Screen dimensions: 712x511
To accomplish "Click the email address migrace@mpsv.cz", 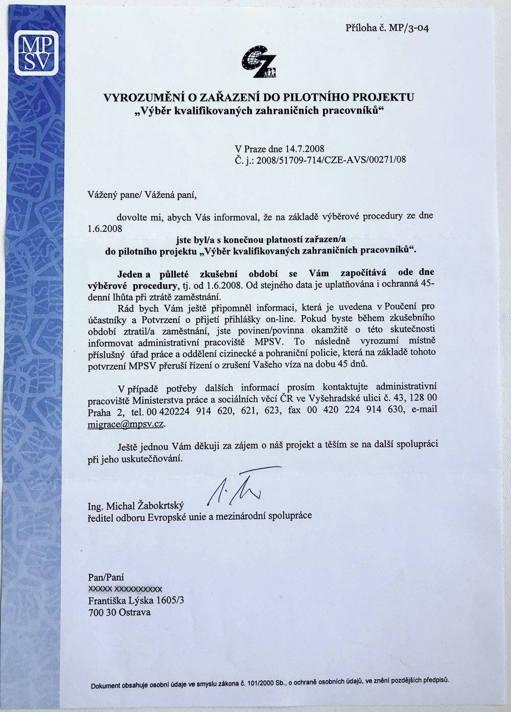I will coord(126,424).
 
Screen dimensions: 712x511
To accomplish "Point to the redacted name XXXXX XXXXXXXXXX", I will coord(125,589).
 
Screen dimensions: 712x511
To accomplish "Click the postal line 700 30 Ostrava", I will coord(120,612).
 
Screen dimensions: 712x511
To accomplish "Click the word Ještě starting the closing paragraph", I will coord(132,444).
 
